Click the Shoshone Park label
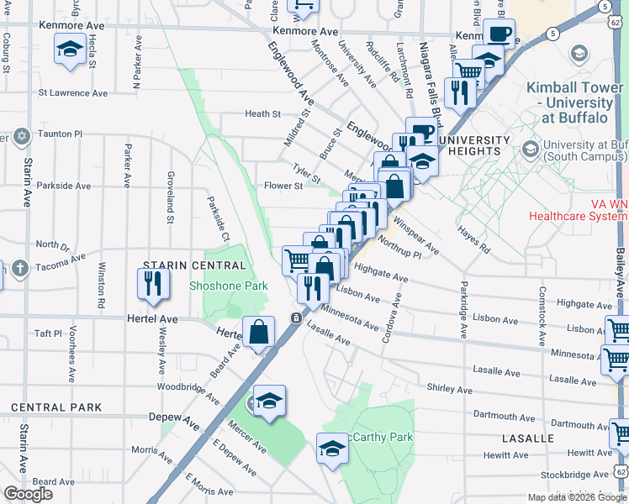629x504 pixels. [x=229, y=286]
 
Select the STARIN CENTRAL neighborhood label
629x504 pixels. [x=194, y=265]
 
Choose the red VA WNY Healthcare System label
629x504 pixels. [x=579, y=209]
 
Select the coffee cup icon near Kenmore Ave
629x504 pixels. [x=499, y=34]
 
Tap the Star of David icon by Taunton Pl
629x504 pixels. [x=21, y=135]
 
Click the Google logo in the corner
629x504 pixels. [x=29, y=494]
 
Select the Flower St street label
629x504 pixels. [x=283, y=186]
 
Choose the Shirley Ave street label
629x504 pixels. [x=450, y=389]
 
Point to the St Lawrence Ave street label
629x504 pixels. [x=73, y=92]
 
